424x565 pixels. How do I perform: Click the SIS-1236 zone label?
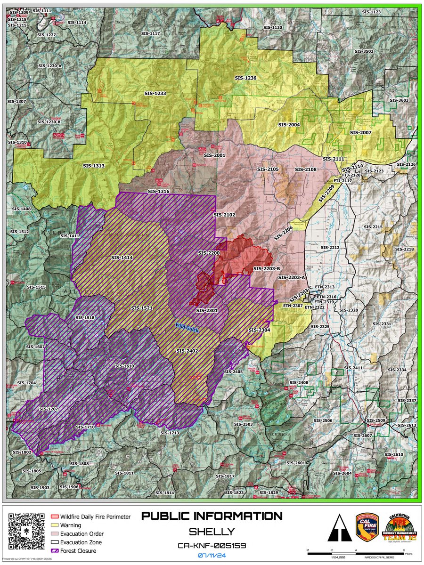245,78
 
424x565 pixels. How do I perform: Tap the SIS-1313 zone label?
93,166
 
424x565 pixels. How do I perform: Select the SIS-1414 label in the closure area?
122,258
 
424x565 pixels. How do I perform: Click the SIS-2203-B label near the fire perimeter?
267,268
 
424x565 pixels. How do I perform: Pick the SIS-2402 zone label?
187,351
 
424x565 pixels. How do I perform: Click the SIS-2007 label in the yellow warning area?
361,133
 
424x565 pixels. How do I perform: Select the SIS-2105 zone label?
268,169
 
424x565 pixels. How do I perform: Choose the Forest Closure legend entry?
77,550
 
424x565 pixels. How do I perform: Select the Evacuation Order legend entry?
81,534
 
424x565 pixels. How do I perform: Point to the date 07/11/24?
212,556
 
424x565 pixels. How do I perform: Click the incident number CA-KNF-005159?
212,545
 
